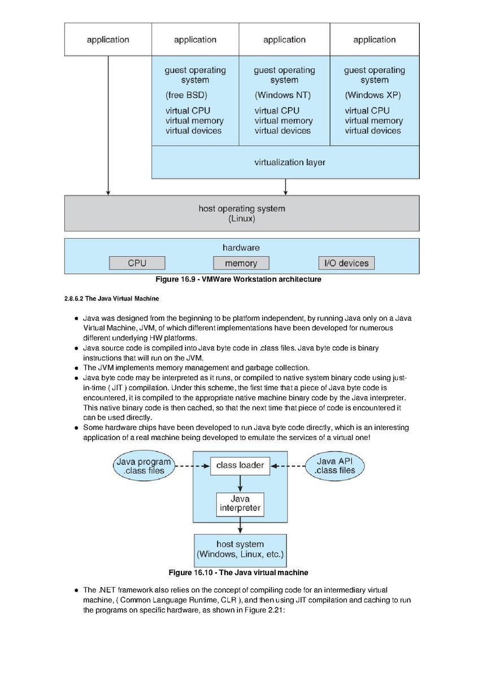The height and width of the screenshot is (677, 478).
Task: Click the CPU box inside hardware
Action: pos(137,263)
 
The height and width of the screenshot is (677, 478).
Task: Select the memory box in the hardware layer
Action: pos(241,263)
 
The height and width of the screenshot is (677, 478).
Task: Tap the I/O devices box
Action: pos(346,263)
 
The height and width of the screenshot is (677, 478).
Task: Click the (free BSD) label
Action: pos(186,95)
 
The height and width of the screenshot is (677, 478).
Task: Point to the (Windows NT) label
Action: pos(283,95)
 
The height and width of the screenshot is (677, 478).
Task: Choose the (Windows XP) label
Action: pos(373,95)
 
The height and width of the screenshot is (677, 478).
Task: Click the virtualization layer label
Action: pos(290,162)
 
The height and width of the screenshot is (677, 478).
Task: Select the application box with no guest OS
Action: pos(108,39)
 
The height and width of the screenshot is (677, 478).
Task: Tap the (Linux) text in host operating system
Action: pos(242,218)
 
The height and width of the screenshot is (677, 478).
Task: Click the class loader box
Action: pos(240,466)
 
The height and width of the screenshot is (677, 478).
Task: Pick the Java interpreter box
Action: pos(240,504)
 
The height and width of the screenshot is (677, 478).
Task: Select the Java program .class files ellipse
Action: pos(144,466)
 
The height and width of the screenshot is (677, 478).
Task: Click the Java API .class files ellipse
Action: pos(335,466)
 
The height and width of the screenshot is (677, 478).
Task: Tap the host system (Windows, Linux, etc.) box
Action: pos(240,549)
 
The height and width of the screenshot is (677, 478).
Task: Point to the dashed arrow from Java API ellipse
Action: pos(288,466)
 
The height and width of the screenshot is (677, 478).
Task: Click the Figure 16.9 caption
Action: pos(238,279)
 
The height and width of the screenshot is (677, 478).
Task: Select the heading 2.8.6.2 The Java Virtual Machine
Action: pos(112,299)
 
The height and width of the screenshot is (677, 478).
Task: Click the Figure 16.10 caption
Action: pos(238,572)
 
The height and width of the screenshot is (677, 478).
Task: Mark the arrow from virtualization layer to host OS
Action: pos(285,187)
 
